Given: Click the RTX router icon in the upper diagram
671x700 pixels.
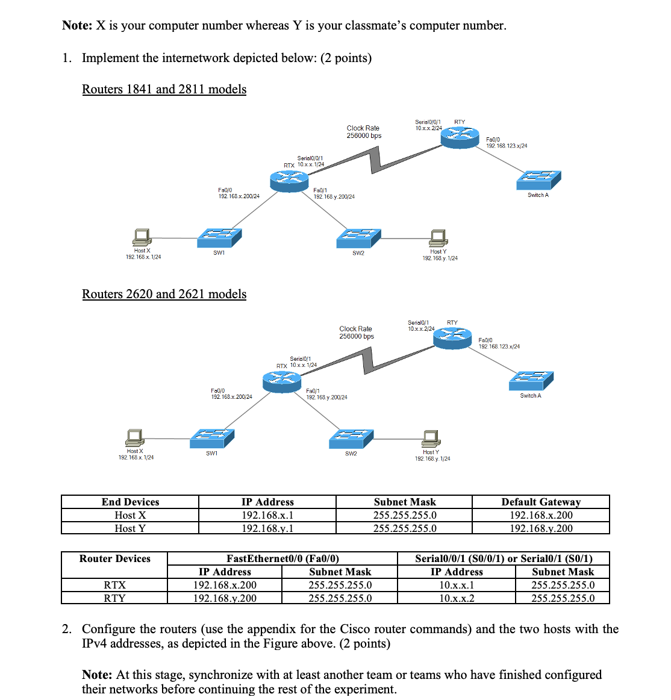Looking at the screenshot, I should (289, 180).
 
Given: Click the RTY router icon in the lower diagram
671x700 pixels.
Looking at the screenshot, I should (452, 337).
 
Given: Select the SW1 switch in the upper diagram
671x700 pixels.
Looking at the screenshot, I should (219, 237).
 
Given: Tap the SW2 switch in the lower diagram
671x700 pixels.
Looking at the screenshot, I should (351, 439).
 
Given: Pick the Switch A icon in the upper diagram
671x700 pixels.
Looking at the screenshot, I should (538, 180).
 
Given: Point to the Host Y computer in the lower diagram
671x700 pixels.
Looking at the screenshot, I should (431, 438).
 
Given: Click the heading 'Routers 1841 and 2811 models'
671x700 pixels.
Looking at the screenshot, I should (164, 89).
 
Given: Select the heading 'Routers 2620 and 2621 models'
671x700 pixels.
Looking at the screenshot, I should (164, 294).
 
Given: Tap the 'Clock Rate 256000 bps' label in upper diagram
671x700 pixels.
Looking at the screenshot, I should (364, 132).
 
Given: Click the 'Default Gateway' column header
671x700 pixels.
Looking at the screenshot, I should (541, 502).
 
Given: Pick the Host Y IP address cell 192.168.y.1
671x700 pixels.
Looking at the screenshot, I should (267, 528).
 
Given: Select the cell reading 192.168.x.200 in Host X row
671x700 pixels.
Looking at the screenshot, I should (541, 515).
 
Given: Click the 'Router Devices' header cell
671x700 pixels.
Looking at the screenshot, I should (114, 558).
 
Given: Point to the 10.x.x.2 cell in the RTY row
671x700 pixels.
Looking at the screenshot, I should (457, 598).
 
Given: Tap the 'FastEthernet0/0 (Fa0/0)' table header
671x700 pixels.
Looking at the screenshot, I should (282, 558).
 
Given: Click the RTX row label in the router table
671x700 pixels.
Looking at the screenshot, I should (114, 585).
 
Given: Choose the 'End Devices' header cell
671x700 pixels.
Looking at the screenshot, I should (130, 502).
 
